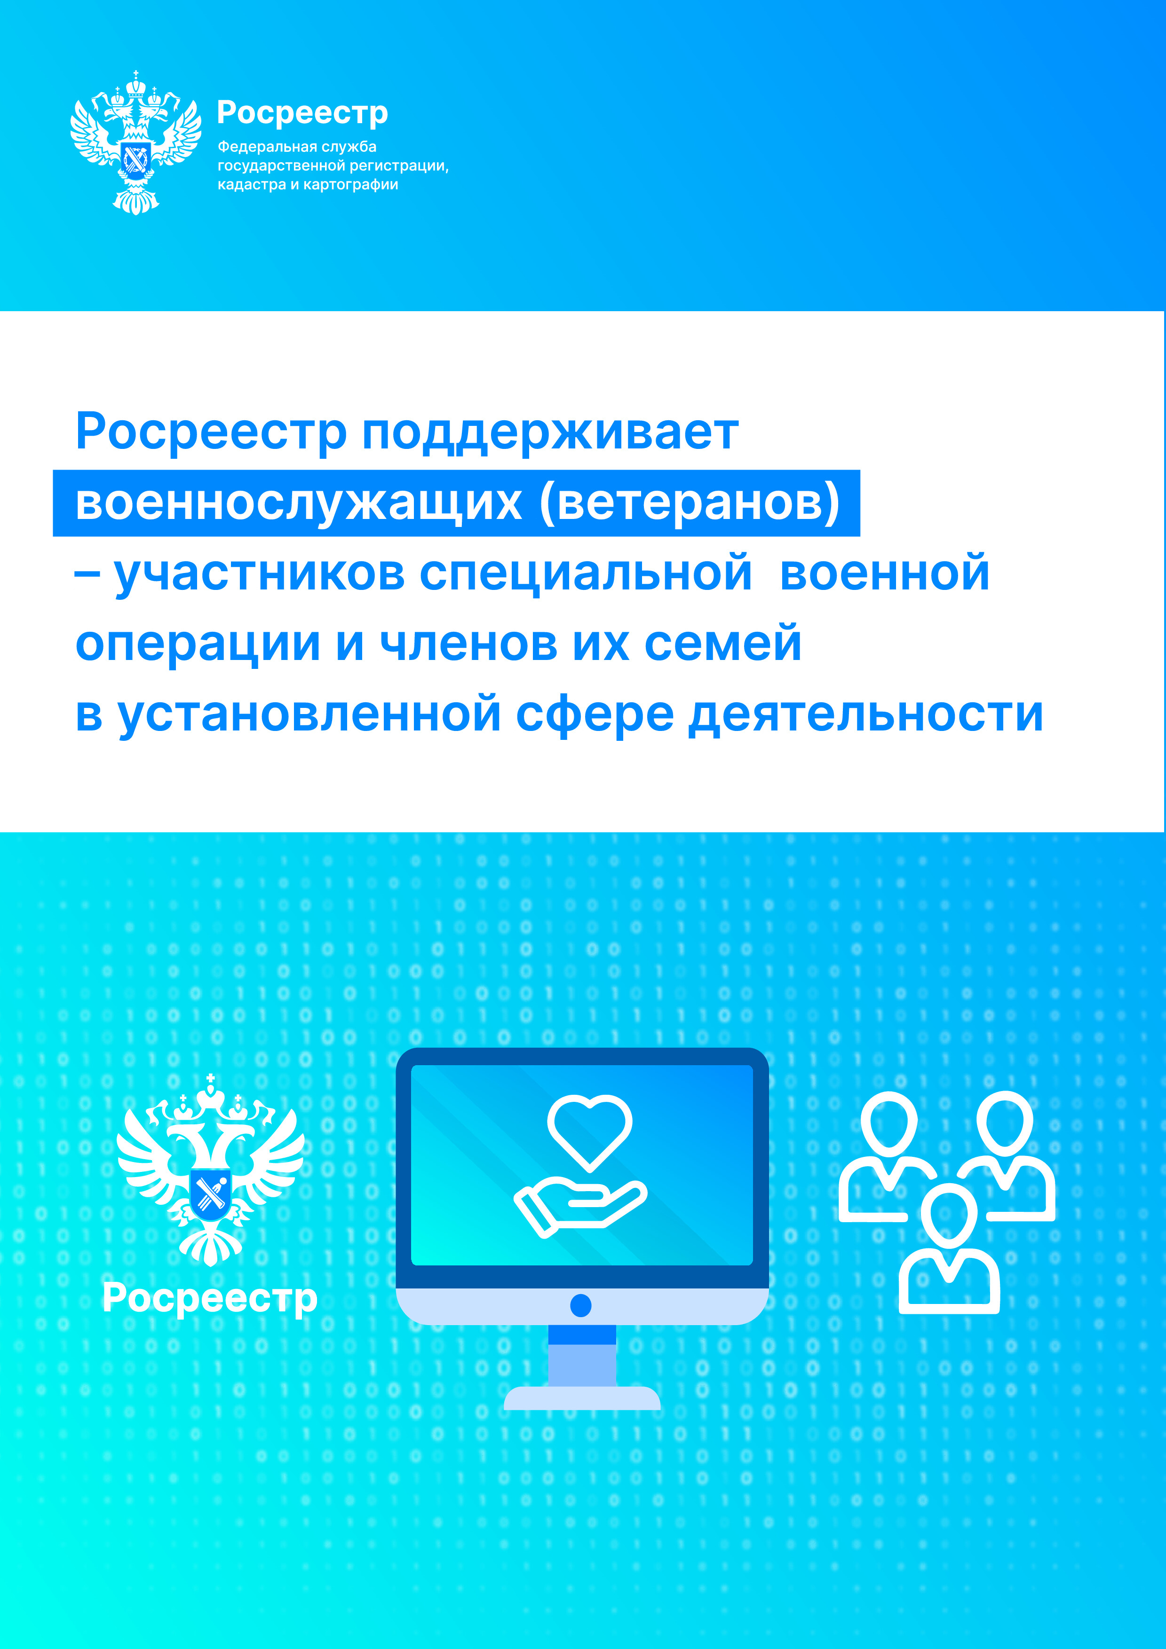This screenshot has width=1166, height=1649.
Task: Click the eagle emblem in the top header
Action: coord(136,142)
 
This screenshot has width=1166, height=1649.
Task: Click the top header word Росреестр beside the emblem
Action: coord(302,113)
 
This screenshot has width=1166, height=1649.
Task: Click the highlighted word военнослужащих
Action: coord(298,503)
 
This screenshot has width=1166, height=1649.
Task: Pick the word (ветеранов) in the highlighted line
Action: coord(690,503)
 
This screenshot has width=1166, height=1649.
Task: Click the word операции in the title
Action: coord(198,644)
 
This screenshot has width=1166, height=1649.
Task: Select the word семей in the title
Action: coord(723,643)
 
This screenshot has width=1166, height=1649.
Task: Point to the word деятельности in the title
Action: coord(866,715)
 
